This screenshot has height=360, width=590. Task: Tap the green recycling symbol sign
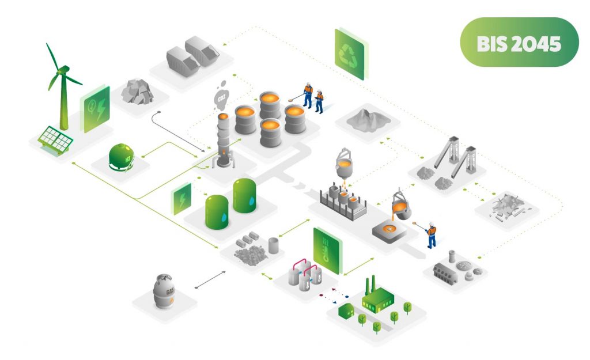coord(349,54)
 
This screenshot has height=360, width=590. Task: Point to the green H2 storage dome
coord(122,157)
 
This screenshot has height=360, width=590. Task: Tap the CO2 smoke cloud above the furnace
coord(221,98)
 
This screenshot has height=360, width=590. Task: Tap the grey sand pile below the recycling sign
coord(364,119)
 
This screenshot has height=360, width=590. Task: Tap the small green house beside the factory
coord(346,311)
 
